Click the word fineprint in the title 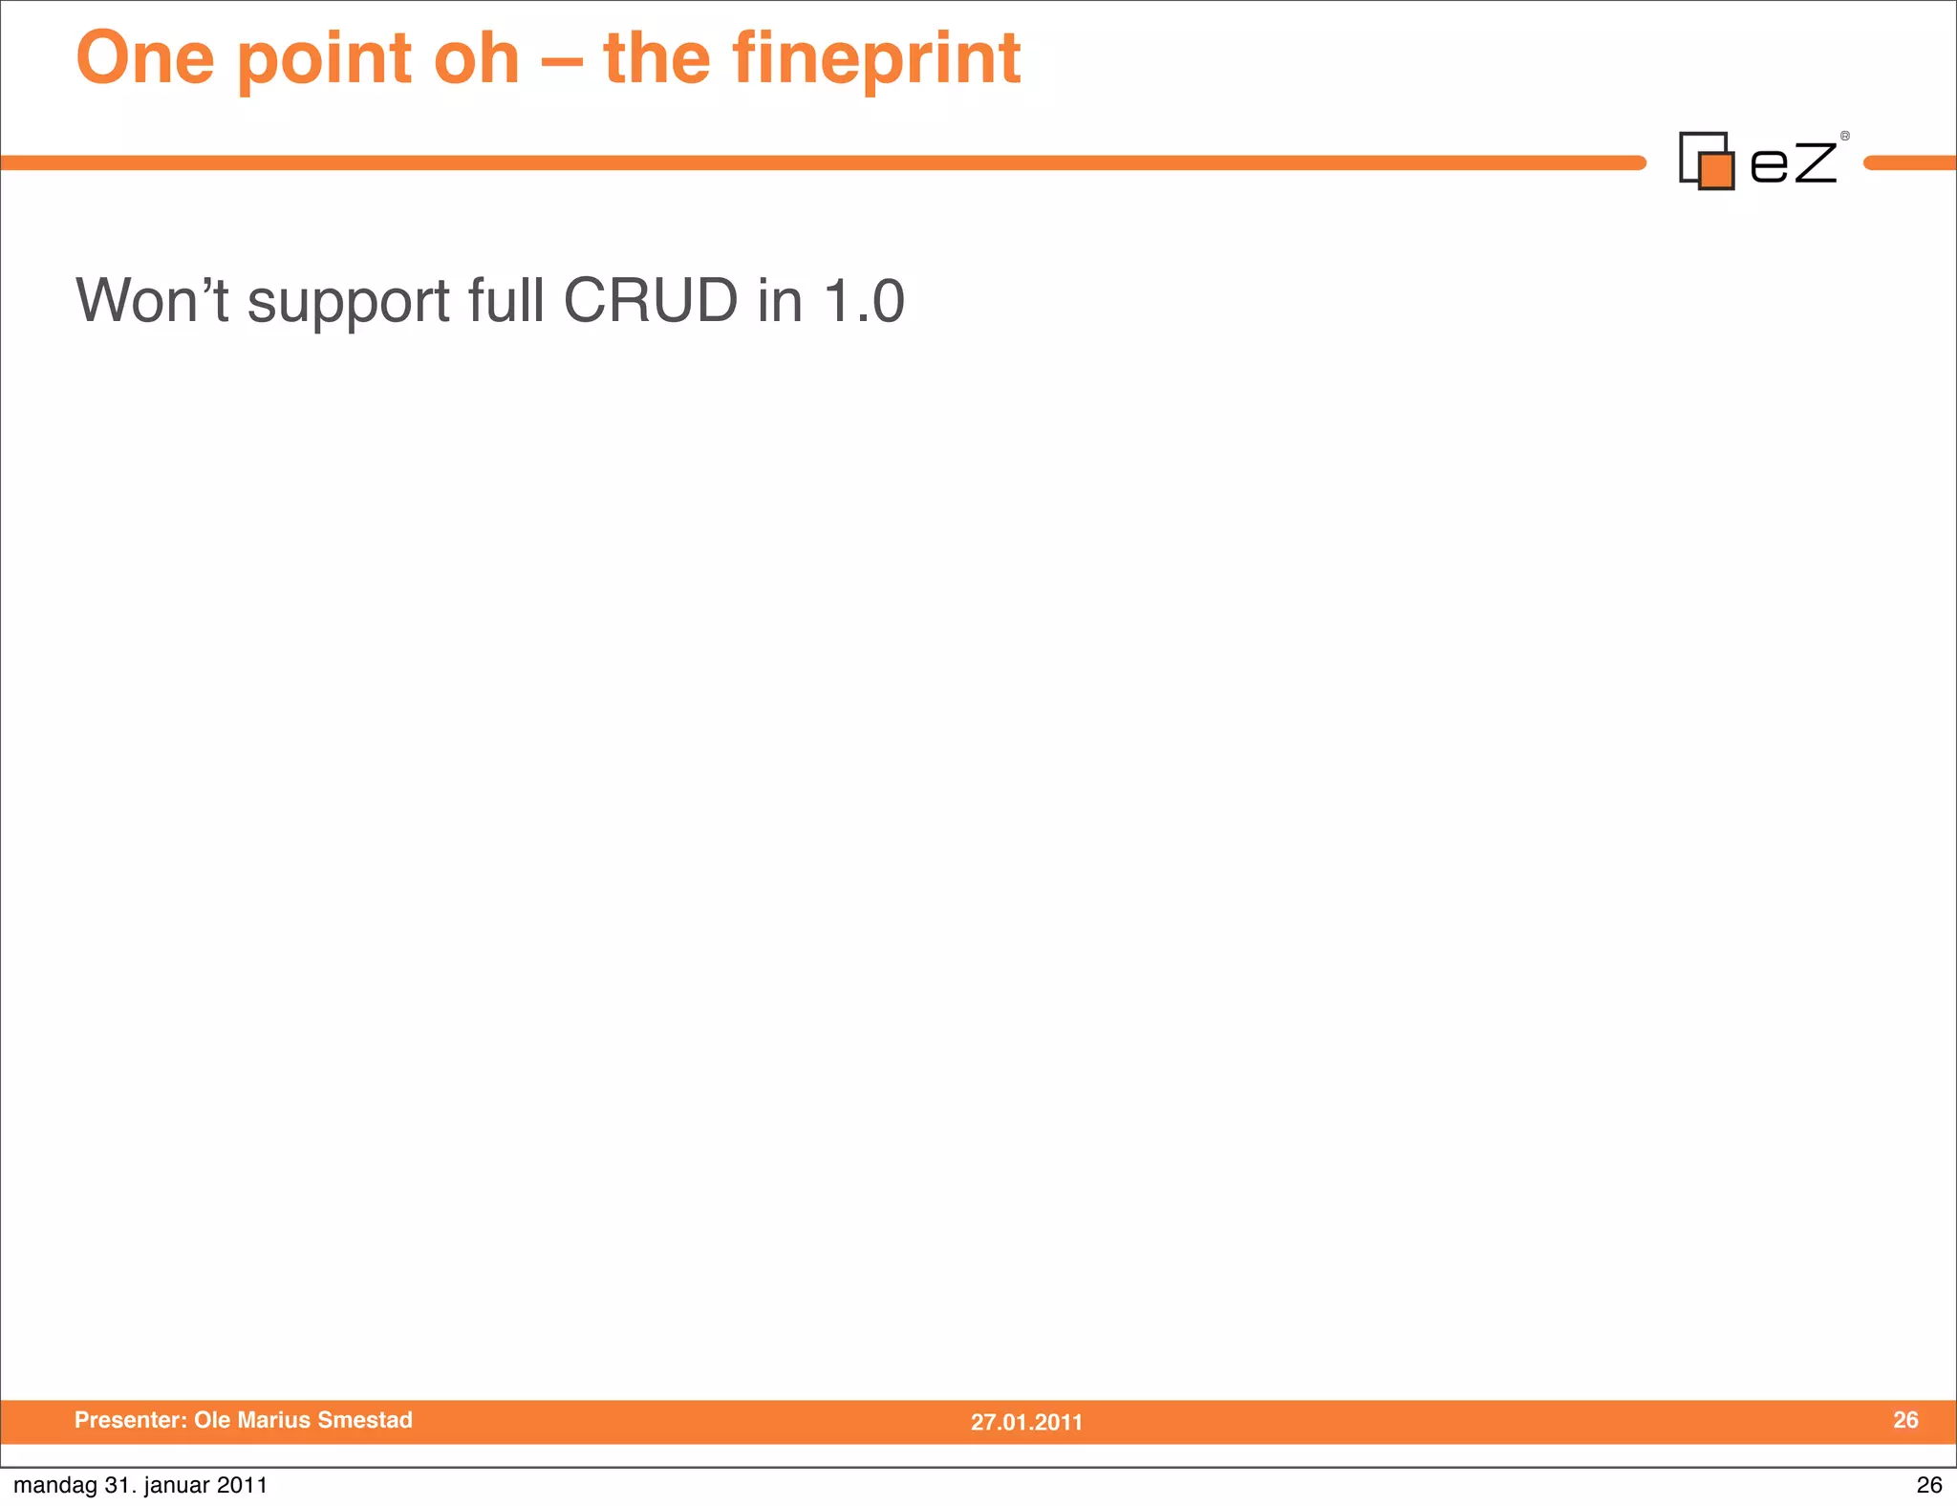(x=876, y=59)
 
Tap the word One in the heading (x=144, y=59)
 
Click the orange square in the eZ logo (x=1716, y=171)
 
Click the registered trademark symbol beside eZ (x=1845, y=136)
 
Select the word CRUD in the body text (x=650, y=301)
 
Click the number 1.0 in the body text (x=864, y=301)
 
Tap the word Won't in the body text (x=152, y=301)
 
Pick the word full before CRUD (x=505, y=301)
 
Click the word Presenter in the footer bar (x=130, y=1420)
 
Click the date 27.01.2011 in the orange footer (x=1026, y=1422)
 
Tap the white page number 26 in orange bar (x=1905, y=1420)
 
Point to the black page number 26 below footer (x=1928, y=1485)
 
